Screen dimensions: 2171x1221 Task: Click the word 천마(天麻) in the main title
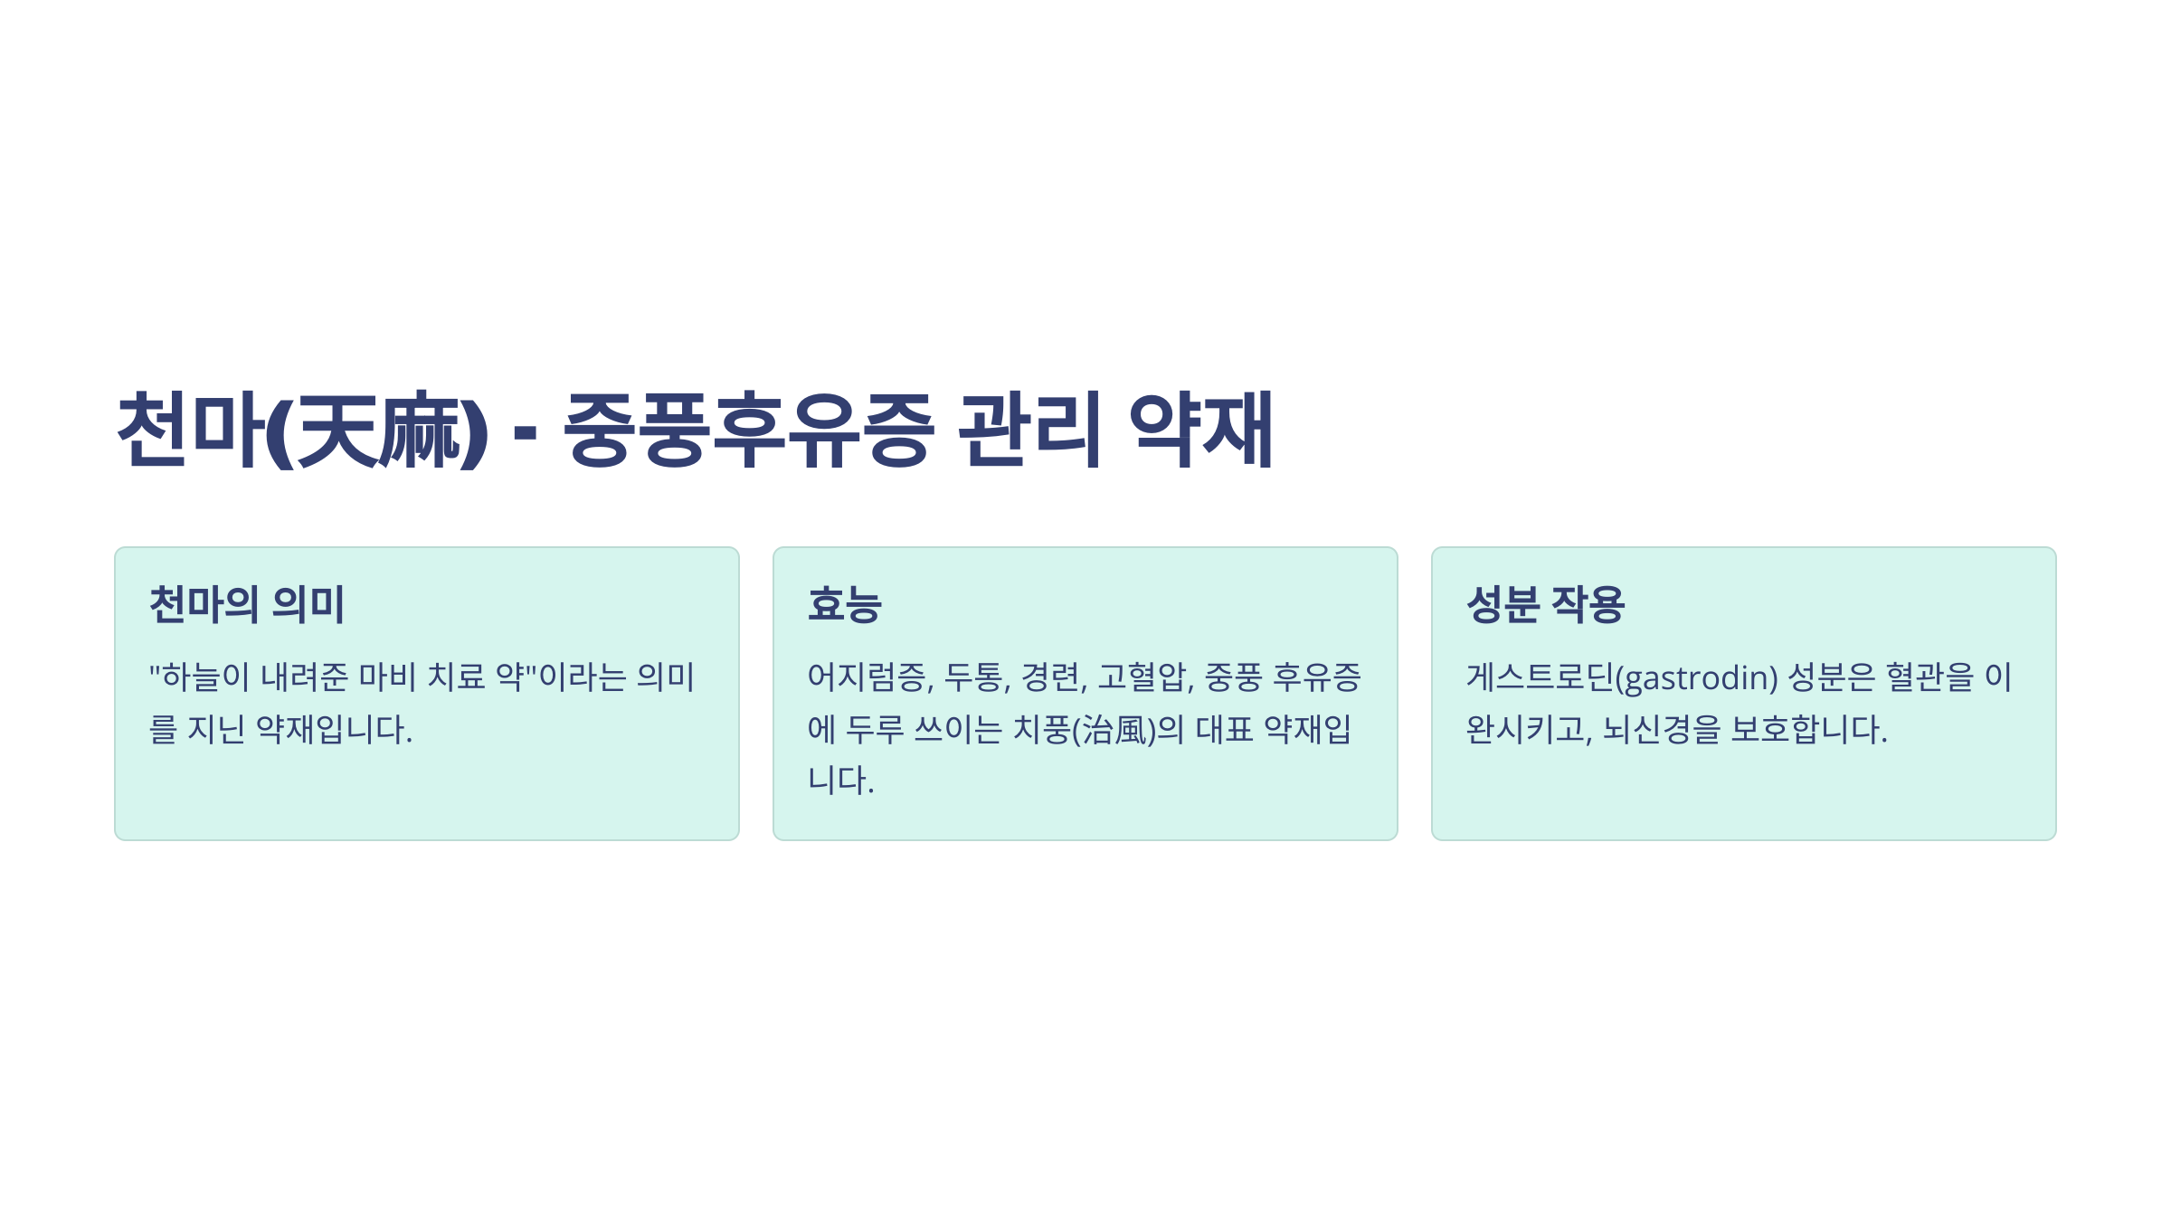(303, 430)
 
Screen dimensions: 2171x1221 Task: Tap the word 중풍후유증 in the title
(749, 430)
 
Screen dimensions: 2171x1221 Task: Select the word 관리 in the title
(1029, 430)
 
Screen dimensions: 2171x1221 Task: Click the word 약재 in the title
(1201, 430)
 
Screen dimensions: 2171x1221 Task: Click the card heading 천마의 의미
(247, 604)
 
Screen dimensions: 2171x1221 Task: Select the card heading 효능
(844, 604)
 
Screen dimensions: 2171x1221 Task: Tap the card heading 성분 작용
(1545, 604)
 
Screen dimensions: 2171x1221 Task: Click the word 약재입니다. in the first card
(334, 729)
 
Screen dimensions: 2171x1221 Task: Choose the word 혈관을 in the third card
(1929, 677)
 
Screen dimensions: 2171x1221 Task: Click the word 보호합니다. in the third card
(1808, 729)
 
